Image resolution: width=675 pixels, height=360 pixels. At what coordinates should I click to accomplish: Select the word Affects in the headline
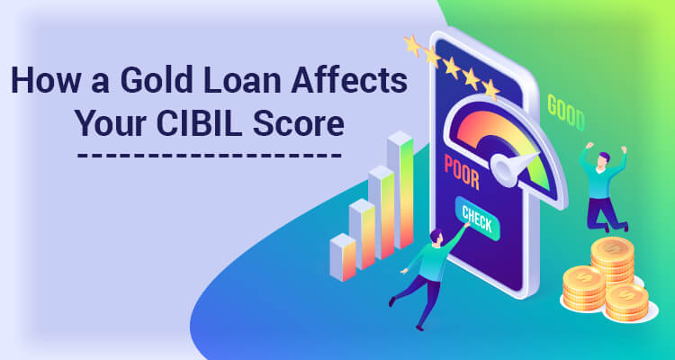tap(349, 81)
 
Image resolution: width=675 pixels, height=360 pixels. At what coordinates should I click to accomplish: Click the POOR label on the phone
tap(462, 171)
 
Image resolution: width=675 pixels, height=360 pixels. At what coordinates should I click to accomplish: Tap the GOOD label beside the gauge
tap(566, 112)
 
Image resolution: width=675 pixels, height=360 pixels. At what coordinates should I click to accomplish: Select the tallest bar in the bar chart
tap(400, 190)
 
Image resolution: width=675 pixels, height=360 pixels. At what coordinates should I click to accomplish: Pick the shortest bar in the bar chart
tap(343, 257)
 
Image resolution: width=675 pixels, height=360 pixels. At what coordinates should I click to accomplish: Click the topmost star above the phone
tap(412, 45)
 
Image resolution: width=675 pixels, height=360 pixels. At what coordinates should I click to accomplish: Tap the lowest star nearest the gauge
tap(490, 89)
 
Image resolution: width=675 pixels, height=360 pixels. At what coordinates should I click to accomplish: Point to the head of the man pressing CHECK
tap(436, 237)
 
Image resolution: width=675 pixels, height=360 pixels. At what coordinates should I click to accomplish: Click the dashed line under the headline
tap(210, 155)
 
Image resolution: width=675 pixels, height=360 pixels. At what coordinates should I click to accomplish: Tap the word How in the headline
tap(40, 81)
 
